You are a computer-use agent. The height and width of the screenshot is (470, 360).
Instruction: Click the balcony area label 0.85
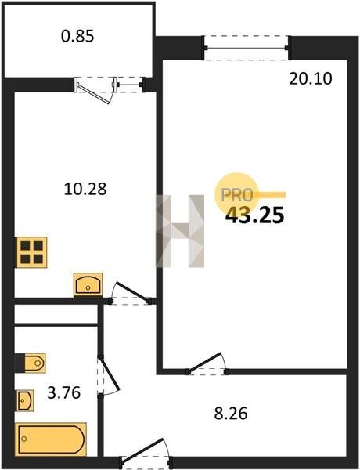click(77, 36)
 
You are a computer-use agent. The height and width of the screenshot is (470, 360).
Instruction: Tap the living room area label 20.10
click(311, 79)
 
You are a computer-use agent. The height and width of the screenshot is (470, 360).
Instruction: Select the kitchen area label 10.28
click(85, 189)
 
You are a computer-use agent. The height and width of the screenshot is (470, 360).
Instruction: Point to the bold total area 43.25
click(254, 215)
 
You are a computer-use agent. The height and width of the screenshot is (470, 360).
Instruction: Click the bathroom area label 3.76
click(64, 392)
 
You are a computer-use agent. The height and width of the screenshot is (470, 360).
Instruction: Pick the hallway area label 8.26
click(231, 414)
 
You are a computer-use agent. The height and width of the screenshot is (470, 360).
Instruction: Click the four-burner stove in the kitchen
click(32, 252)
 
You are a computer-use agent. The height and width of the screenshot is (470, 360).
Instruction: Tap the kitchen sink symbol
click(88, 284)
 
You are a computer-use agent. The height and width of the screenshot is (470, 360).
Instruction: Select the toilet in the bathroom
click(31, 363)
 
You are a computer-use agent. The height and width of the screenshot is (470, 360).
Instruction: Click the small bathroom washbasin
click(24, 400)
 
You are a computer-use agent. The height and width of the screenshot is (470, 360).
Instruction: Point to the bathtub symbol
click(51, 439)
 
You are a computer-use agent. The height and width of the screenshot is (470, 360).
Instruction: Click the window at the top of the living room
click(246, 48)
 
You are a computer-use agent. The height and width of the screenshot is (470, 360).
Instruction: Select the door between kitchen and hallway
click(132, 291)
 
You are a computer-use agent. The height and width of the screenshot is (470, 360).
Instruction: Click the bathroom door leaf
click(110, 374)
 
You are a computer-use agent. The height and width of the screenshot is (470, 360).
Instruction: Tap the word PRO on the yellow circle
click(237, 195)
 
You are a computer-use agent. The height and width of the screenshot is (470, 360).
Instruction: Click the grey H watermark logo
click(180, 231)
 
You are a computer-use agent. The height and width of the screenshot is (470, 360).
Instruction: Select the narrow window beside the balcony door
click(130, 85)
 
